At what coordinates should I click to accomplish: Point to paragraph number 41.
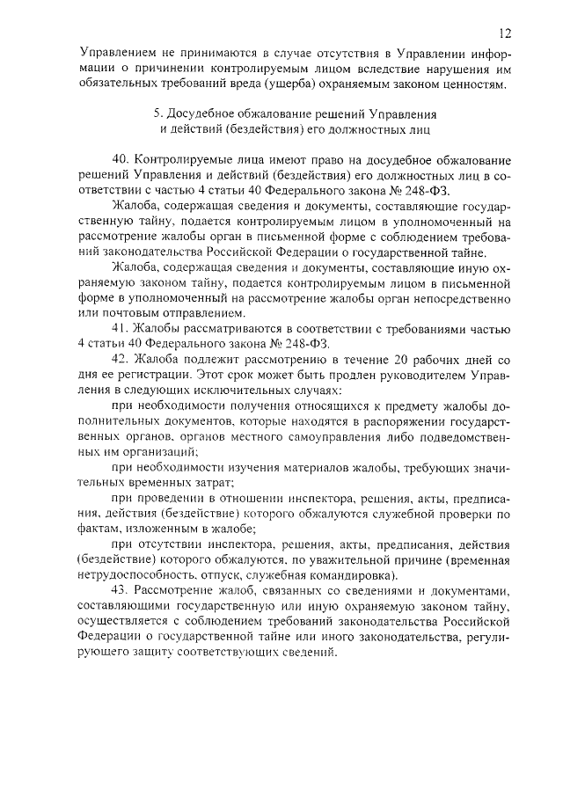tap(121, 329)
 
